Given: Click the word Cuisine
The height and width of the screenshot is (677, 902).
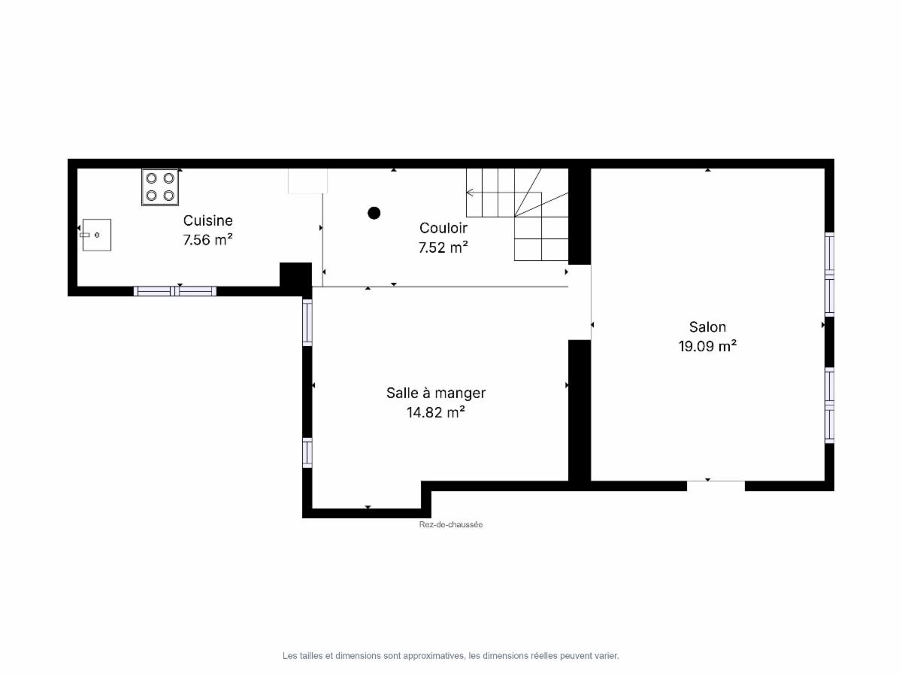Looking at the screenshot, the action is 208,220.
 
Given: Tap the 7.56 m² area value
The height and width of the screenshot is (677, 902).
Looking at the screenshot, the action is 208,240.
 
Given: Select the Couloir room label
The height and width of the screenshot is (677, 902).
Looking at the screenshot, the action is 443,228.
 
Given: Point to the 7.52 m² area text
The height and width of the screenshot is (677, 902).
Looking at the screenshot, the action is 443,247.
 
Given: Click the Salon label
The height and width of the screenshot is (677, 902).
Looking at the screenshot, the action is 707,326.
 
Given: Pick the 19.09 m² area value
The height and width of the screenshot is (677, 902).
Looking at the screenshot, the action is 707,346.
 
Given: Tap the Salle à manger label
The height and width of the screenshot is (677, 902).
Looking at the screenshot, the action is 436,393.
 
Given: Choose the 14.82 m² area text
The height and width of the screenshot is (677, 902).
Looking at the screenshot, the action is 436,412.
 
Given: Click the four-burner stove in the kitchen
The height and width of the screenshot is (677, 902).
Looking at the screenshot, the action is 160,187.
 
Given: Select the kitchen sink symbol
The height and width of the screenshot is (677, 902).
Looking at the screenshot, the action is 96,235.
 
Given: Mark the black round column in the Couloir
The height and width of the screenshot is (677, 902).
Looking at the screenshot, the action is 374,213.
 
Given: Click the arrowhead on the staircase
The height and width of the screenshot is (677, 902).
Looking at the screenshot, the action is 470,193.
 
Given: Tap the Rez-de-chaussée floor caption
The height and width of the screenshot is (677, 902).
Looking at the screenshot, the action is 451,524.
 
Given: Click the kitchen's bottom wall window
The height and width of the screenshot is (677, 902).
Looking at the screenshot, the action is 175,291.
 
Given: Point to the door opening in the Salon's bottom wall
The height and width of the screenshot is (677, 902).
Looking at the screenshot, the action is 716,485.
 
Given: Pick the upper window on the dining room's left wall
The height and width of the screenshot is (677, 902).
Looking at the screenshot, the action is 307,322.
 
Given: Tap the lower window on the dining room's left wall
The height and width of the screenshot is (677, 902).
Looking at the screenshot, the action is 307,453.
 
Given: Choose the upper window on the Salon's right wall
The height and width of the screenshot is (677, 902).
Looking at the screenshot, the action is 830,274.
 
